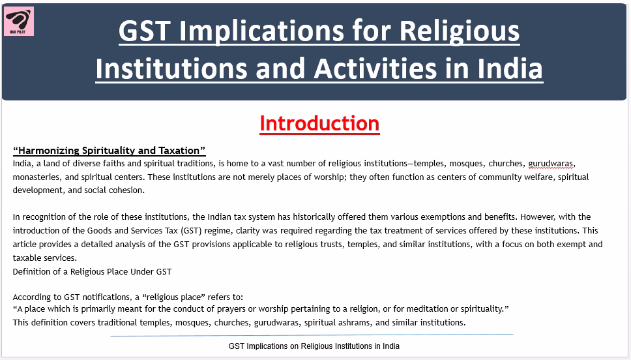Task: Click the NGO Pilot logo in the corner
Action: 19,22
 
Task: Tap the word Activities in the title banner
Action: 375,68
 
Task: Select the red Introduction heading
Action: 319,123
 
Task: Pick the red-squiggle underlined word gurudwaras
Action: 551,164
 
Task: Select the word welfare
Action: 538,177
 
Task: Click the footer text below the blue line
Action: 314,346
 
